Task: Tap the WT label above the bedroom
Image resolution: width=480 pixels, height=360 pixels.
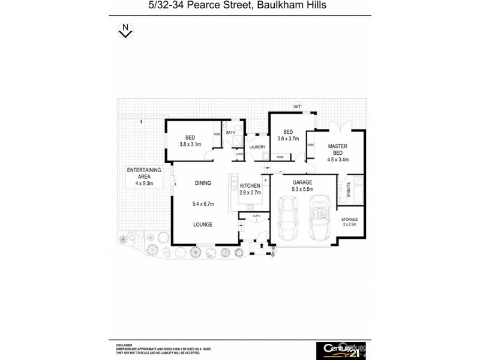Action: pyautogui.click(x=296, y=106)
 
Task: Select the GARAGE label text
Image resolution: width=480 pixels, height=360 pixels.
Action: pyautogui.click(x=302, y=182)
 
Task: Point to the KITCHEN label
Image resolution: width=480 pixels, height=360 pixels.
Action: pyautogui.click(x=249, y=185)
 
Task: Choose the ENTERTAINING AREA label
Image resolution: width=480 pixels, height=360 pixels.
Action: pyautogui.click(x=143, y=174)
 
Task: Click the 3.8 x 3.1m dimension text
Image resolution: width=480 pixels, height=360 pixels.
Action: pyautogui.click(x=190, y=144)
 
